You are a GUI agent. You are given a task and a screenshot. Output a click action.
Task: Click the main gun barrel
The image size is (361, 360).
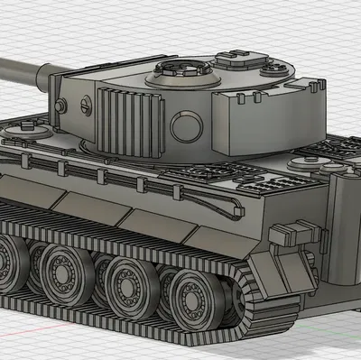pos(23,69)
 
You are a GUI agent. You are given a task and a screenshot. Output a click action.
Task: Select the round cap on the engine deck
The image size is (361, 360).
pos(301,164)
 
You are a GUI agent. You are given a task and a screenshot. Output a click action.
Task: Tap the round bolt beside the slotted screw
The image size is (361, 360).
pos(61,106)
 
